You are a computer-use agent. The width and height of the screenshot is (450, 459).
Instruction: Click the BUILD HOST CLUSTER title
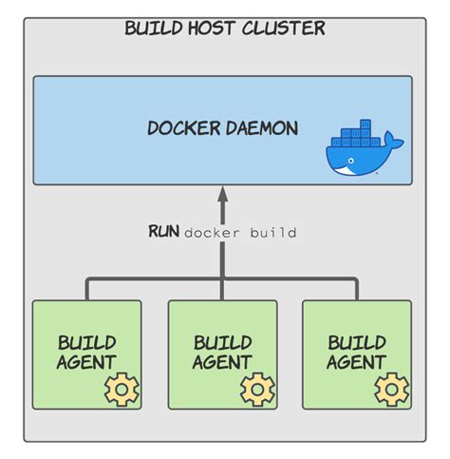(225, 28)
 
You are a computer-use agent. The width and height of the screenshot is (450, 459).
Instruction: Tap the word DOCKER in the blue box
(181, 128)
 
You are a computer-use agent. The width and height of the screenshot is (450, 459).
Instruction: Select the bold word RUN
(163, 232)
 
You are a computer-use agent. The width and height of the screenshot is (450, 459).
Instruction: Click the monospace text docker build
(240, 233)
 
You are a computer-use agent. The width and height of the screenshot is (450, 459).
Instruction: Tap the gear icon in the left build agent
(121, 390)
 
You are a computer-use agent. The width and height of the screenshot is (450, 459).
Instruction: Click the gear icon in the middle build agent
(256, 390)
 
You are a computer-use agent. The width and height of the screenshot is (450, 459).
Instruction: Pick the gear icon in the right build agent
(391, 390)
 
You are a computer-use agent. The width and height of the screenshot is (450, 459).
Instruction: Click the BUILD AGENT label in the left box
(86, 352)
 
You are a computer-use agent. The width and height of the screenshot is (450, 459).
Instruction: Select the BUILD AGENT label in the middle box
(222, 352)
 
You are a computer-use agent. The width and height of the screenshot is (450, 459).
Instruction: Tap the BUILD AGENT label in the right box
(357, 352)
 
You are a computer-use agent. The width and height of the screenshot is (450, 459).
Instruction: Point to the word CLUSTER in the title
(286, 28)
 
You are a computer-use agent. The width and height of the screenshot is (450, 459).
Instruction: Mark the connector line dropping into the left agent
(87, 290)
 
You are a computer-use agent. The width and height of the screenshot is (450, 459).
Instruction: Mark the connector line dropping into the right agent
(358, 290)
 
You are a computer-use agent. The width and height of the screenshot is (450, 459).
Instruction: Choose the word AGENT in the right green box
(357, 362)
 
